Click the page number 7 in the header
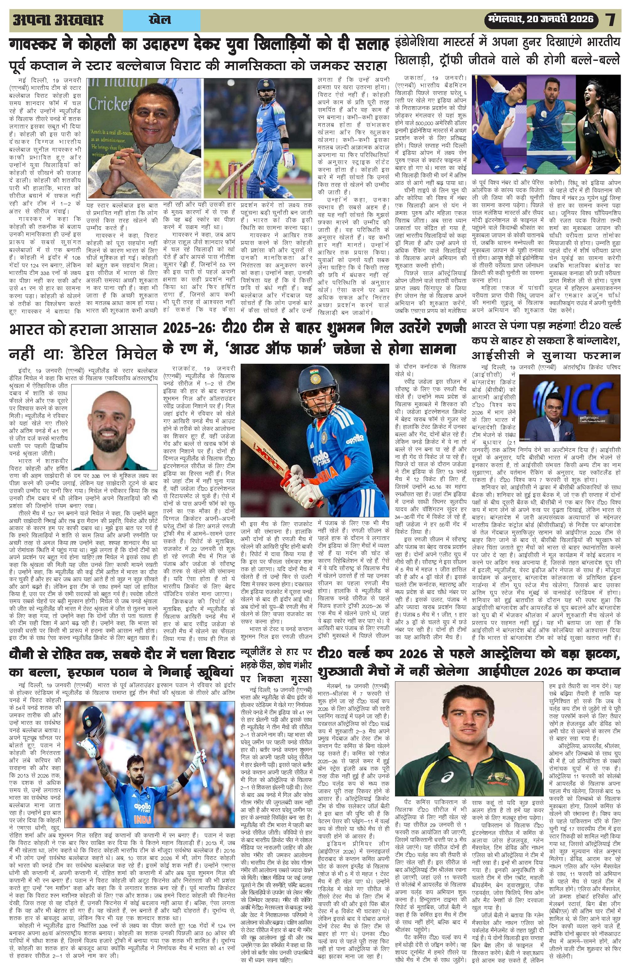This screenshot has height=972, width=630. pos(611,20)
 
